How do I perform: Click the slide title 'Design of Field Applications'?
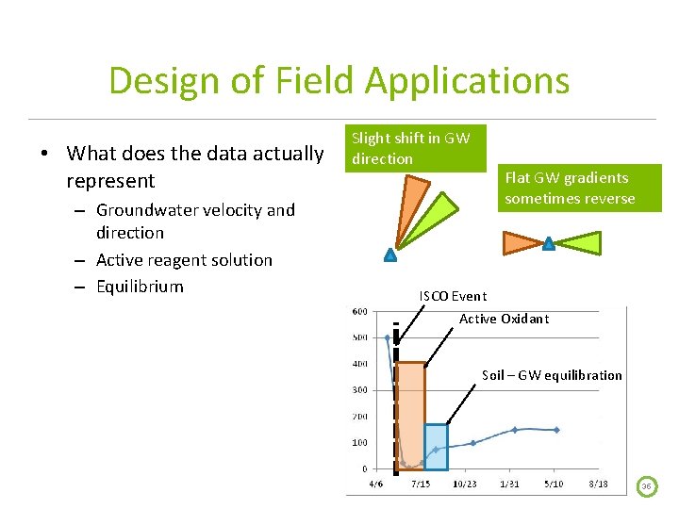click(339, 81)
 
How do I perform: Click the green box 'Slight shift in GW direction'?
click(410, 149)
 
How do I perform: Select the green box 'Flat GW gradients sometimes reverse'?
click(569, 189)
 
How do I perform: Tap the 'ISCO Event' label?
click(453, 296)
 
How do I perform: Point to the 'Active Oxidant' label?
click(504, 319)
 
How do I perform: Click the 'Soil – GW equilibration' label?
click(552, 375)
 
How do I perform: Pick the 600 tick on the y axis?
click(360, 312)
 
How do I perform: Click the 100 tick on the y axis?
click(360, 442)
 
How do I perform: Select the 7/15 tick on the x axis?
click(421, 484)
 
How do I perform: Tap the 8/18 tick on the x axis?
click(597, 484)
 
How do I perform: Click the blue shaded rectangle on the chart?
click(436, 447)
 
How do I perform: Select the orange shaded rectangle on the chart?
click(411, 415)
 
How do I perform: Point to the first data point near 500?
click(388, 337)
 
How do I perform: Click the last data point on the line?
click(555, 430)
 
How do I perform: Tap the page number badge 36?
click(647, 486)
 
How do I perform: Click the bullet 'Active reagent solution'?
click(184, 260)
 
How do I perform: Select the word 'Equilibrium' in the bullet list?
click(140, 287)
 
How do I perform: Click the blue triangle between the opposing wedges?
click(549, 244)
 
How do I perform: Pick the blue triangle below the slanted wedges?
click(389, 254)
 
